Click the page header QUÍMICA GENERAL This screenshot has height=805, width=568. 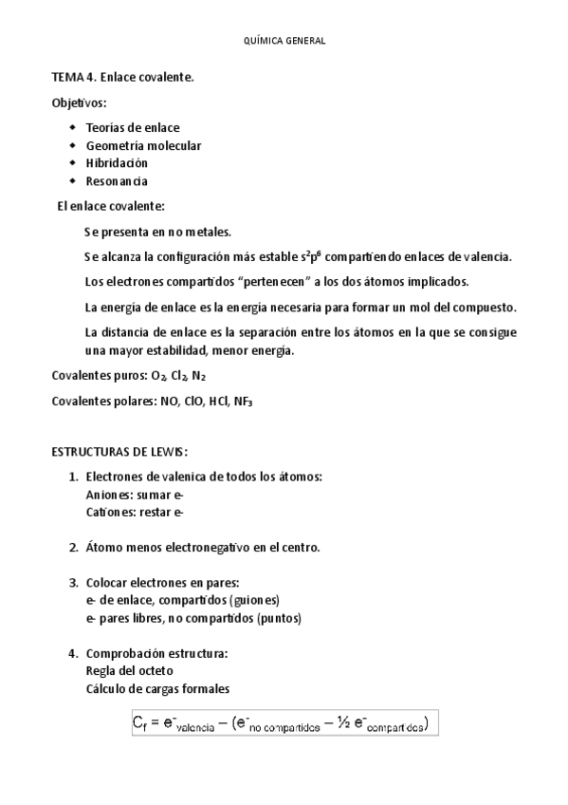tap(284, 41)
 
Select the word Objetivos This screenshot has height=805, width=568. tap(79, 103)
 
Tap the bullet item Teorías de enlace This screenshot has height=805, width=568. tap(132, 127)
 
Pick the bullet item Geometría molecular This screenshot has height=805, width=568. tap(143, 145)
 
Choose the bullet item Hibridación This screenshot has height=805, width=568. tap(117, 163)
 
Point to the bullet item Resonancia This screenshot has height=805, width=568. tap(117, 181)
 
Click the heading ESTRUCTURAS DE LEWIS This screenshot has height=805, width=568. tap(119, 451)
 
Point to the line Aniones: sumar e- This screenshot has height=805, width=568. tap(134, 495)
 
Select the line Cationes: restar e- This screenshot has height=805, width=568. tap(134, 513)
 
